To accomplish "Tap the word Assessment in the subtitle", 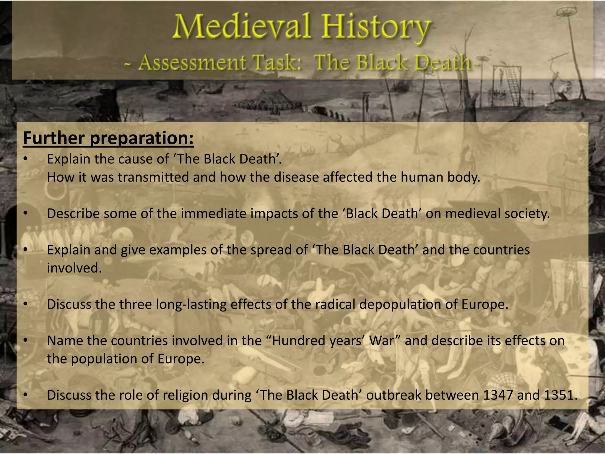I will point(192,63).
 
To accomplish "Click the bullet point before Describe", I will point(26,213).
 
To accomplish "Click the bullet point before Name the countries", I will point(26,340).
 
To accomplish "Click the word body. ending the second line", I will point(464,177).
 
